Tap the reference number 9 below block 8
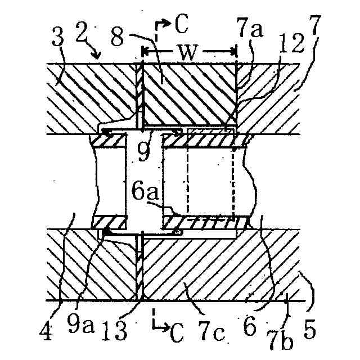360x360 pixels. point(145,150)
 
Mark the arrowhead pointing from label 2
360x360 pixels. point(100,57)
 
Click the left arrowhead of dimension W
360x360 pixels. point(144,52)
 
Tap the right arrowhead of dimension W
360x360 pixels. point(236,52)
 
